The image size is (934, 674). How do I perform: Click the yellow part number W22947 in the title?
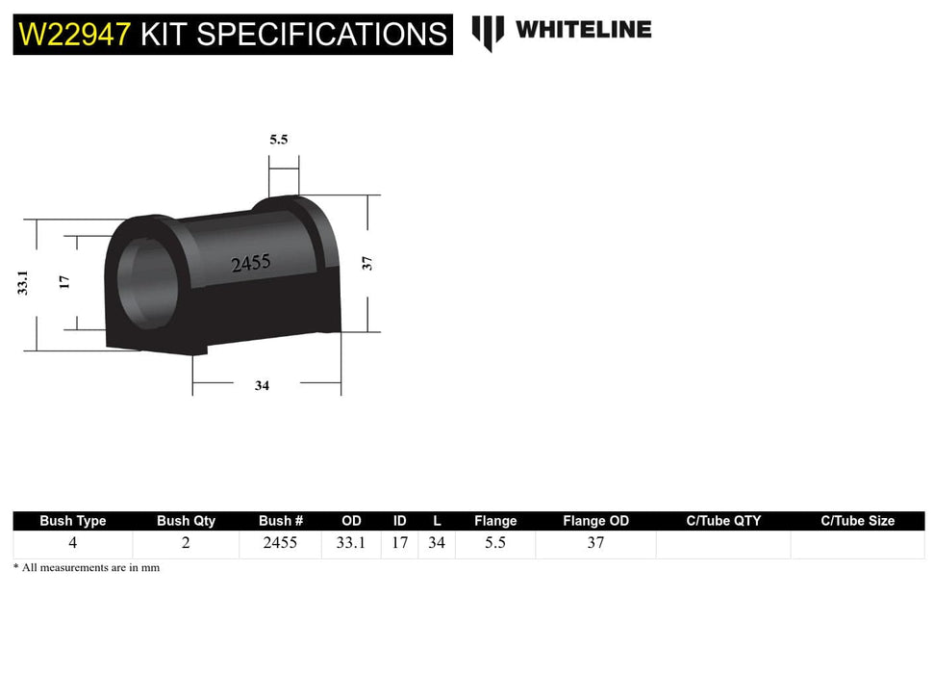point(75,35)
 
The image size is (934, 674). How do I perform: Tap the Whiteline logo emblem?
point(488,32)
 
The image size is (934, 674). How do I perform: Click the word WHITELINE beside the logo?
point(583,30)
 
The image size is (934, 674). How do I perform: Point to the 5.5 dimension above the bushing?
point(278,140)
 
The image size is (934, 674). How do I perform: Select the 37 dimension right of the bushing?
point(366,262)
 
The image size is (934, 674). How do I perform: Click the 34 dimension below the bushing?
point(262,385)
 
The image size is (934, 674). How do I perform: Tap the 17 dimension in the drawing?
point(63,281)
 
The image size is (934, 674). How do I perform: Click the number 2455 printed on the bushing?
point(250,263)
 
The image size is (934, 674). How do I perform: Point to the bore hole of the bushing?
point(144,280)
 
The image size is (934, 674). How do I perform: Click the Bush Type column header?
point(73,521)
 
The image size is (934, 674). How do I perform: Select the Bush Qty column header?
point(186,521)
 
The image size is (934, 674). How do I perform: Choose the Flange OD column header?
point(595,521)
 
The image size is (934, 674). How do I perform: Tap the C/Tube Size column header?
point(857,521)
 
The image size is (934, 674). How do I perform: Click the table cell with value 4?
point(73,543)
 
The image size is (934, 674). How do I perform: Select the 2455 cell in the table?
point(280,543)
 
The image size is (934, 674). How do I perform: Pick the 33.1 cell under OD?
point(351,543)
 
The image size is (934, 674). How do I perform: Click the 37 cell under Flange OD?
point(595,543)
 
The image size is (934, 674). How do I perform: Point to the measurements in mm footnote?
point(87,568)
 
